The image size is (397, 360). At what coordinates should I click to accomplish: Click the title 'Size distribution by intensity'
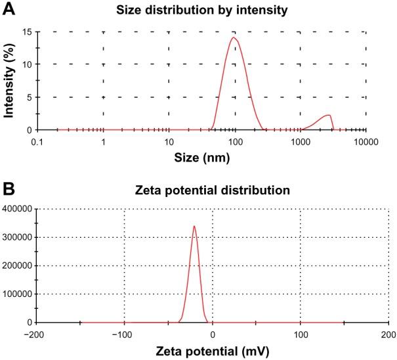pyautogui.click(x=201, y=10)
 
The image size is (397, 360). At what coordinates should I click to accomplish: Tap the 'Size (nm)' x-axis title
pyautogui.click(x=201, y=158)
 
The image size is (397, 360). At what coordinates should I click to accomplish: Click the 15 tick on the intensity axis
pyautogui.click(x=26, y=32)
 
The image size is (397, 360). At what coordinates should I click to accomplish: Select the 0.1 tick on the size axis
pyautogui.click(x=38, y=141)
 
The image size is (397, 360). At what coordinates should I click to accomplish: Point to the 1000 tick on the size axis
pyautogui.click(x=301, y=141)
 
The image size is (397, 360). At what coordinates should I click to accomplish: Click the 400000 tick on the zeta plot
pyautogui.click(x=18, y=209)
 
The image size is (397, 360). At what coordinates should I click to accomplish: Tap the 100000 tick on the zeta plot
pyautogui.click(x=18, y=294)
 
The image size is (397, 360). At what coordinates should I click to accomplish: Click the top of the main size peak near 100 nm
pyautogui.click(x=233, y=37)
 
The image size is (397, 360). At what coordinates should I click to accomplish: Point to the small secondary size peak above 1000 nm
pyautogui.click(x=328, y=116)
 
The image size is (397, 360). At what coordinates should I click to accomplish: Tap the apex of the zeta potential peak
pyautogui.click(x=194, y=226)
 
